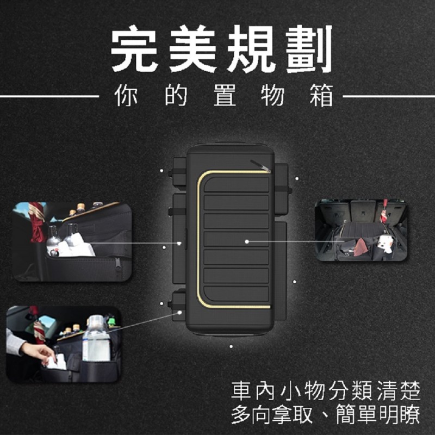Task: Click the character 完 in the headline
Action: pos(134,48)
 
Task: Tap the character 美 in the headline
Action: pos(193,48)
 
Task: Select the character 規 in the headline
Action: pos(251,48)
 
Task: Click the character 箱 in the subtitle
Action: pos(321,95)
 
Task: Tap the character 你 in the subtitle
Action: pos(126,95)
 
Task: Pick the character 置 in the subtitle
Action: pos(225,95)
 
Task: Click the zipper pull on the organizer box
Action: pos(260,166)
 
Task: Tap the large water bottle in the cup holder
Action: pos(96,338)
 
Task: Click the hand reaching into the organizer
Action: pos(39,352)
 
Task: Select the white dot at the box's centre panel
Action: pos(247,241)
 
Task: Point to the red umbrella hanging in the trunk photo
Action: pos(384,211)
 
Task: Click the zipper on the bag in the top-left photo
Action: pos(118,264)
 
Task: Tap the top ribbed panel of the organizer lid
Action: pos(237,184)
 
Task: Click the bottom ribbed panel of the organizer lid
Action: pos(237,294)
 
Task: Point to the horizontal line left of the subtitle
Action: pos(49,97)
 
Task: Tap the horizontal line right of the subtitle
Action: pos(389,97)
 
